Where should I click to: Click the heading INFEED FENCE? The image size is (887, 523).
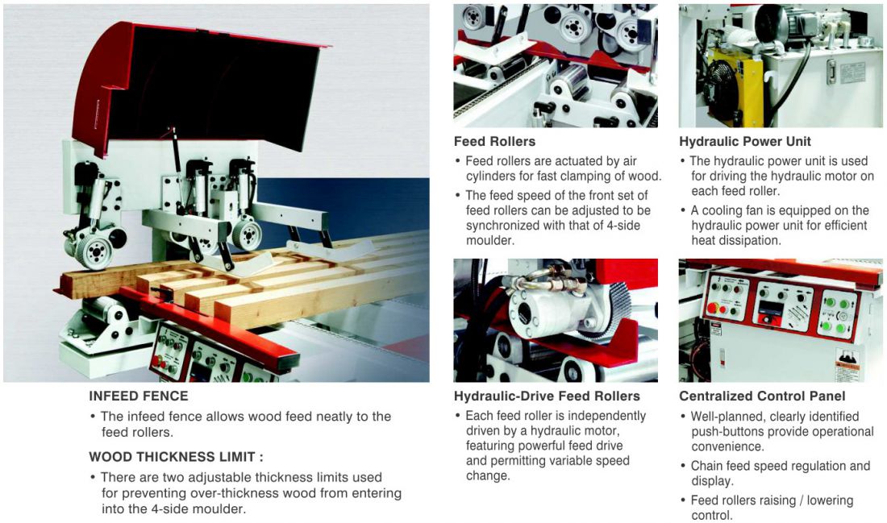(139, 396)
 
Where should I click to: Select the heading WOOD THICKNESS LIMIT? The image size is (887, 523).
(176, 457)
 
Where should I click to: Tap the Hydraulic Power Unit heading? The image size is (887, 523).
(745, 141)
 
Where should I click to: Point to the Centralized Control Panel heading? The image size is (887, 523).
(763, 396)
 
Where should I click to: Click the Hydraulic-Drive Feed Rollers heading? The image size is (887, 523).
(547, 396)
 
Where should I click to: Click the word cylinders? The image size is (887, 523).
(490, 176)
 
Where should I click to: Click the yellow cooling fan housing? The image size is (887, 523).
(734, 85)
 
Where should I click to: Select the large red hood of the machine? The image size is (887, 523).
(198, 85)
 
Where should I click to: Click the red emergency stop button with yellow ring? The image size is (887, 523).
(712, 309)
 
